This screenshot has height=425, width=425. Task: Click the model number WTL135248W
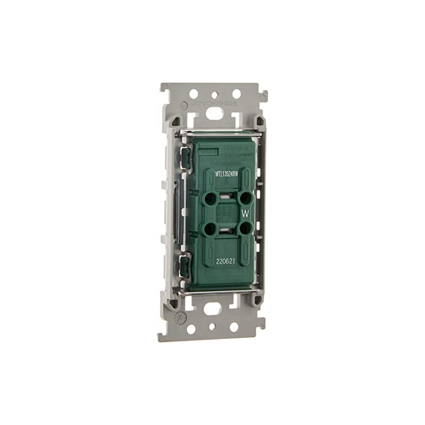[x=230, y=173]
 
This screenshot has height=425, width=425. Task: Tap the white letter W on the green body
[x=245, y=214]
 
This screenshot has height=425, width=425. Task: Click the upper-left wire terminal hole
[x=209, y=198]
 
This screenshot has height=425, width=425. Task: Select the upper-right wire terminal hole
[x=244, y=198]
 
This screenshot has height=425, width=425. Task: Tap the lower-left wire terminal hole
[x=209, y=229]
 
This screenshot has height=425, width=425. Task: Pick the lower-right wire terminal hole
[x=244, y=229]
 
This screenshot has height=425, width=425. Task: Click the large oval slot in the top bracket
[x=213, y=113]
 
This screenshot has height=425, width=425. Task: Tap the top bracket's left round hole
[x=194, y=94]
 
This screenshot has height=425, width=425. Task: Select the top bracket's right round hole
[x=236, y=94]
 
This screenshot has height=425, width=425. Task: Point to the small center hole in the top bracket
[x=215, y=93]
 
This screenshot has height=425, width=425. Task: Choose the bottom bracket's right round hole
[x=234, y=327]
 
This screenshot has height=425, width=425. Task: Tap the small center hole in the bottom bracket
[x=212, y=328]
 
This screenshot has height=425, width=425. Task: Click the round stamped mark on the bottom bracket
[x=181, y=319]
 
